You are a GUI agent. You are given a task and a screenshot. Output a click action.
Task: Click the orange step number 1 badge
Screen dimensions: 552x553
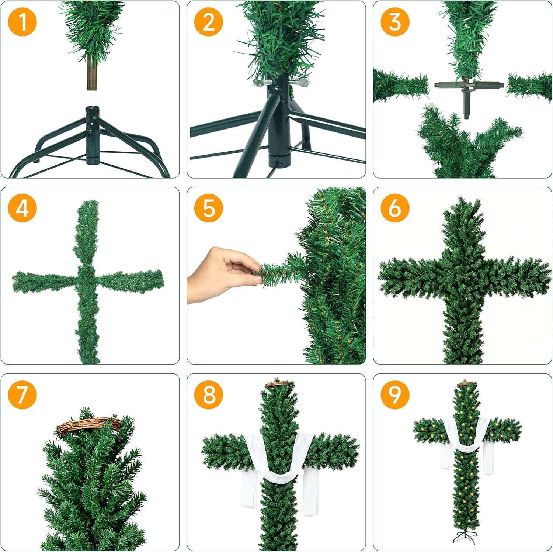(x=22, y=22)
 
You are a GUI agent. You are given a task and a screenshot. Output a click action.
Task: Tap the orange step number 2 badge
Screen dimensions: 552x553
(x=209, y=22)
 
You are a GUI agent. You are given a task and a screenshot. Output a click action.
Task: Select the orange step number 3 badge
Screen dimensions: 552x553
(x=395, y=22)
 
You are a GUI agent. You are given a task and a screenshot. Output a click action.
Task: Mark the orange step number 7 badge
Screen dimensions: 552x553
(x=22, y=394)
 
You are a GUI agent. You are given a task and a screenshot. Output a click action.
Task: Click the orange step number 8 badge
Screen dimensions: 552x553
(x=209, y=394)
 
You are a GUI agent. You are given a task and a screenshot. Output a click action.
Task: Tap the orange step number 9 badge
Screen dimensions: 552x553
(x=395, y=394)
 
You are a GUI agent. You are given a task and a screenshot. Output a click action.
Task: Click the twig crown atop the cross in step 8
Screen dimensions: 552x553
(x=278, y=384)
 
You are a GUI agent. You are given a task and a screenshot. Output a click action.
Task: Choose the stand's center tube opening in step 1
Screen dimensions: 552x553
(x=92, y=109)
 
